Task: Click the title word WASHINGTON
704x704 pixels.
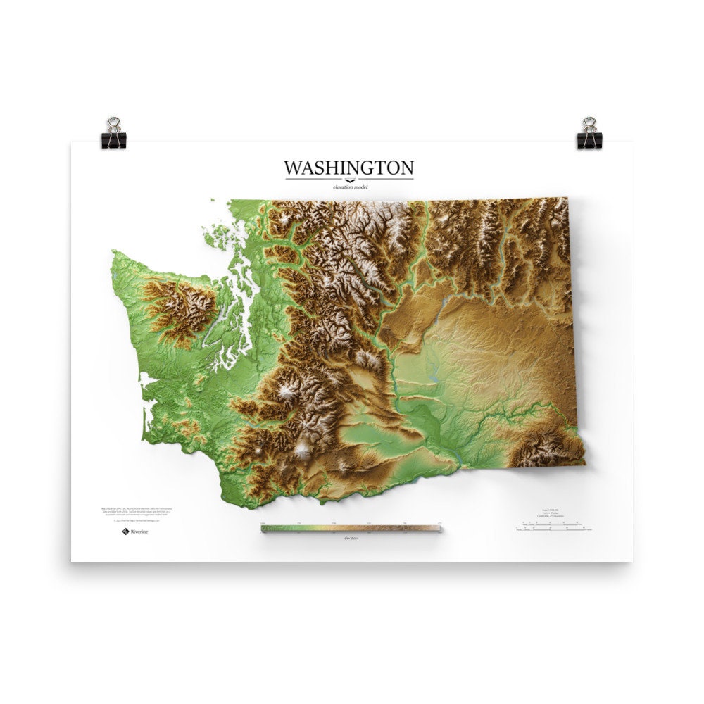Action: [348, 168]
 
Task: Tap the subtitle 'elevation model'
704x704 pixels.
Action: [349, 187]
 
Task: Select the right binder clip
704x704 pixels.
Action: [589, 133]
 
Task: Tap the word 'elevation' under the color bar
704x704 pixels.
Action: [351, 538]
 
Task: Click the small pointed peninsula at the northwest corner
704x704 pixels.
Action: [113, 251]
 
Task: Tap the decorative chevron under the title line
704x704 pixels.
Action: [349, 181]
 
